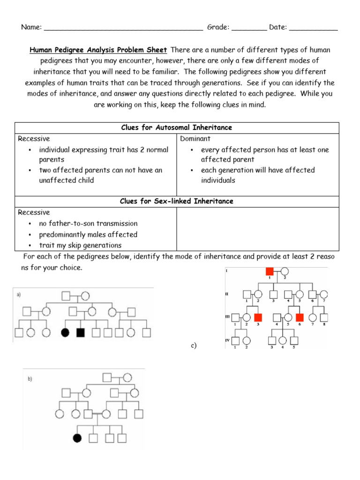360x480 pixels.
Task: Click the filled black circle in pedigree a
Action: coord(66,333)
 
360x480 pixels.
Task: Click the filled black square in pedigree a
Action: coord(80,333)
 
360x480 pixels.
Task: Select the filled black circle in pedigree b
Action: coord(77,438)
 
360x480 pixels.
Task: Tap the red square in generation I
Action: coord(270,271)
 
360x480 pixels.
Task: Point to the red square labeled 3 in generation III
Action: coord(258,317)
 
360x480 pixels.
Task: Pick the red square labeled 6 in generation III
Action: coord(300,317)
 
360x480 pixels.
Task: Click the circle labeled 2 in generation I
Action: coord(284,271)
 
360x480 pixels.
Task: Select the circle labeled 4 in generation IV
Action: coord(283,340)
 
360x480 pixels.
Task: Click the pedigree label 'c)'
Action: coord(194,346)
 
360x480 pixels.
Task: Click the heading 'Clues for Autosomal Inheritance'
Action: coord(176,127)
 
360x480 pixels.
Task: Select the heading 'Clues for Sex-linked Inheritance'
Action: coord(176,201)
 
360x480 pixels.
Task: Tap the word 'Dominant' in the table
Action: coord(195,139)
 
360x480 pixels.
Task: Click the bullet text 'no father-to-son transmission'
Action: coord(88,224)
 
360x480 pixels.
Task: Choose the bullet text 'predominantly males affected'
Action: coord(88,234)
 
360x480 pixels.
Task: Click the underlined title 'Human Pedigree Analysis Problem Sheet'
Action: coord(98,50)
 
